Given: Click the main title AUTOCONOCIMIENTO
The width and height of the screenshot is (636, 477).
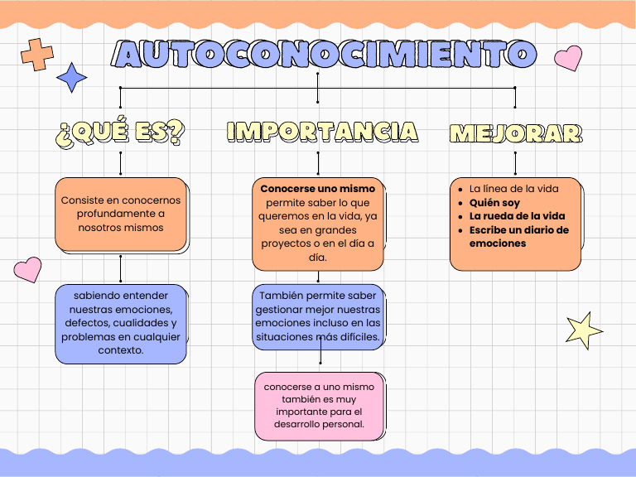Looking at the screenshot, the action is point(321,55).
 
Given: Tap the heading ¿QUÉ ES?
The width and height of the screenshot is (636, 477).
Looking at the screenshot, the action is point(121,132).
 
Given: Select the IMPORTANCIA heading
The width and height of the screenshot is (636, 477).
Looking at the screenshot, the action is point(321,132).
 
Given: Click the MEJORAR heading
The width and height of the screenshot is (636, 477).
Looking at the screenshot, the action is point(515,133).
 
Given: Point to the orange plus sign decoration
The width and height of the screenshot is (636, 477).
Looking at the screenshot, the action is point(36,54).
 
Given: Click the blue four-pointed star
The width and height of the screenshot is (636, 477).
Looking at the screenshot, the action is point(72,78).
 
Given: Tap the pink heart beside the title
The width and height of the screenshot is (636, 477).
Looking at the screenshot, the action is point(568,58).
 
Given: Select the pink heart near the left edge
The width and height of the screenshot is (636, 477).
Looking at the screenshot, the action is point(27,268).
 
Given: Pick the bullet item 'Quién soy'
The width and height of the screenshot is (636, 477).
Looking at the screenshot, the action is point(494,202).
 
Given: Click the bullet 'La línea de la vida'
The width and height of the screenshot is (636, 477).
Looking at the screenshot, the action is point(513,189).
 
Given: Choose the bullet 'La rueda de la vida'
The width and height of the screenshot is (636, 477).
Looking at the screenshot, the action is point(517,216).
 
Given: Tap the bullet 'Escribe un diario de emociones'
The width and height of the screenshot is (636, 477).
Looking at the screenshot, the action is point(518,236).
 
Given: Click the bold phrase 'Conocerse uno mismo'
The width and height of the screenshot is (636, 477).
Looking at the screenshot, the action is point(317,189).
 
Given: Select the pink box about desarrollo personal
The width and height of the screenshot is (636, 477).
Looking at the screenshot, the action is point(319,406).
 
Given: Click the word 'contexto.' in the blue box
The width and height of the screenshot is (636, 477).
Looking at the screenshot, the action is point(121,349).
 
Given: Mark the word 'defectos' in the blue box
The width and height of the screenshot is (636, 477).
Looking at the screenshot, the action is point(87,323).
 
